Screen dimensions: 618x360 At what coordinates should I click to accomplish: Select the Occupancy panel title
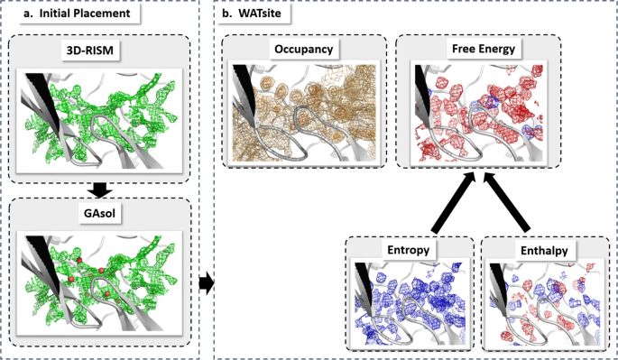(x=305, y=50)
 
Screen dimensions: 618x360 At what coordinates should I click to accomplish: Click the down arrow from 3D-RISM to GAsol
(x=101, y=190)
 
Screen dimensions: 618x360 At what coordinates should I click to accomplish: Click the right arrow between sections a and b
(x=207, y=284)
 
